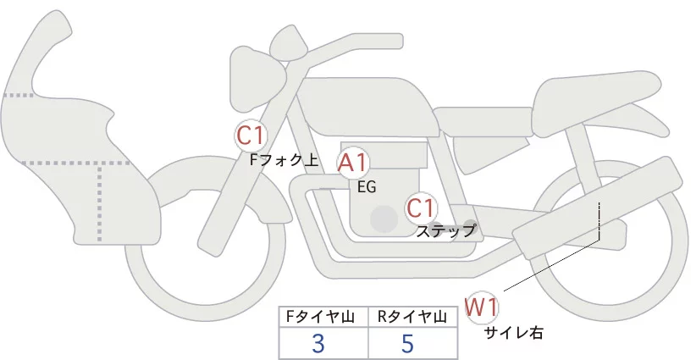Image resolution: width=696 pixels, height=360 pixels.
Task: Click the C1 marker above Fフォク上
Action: [251, 134]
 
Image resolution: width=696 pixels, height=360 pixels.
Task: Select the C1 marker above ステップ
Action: [421, 207]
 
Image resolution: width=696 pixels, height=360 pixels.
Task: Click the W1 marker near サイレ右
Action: [481, 307]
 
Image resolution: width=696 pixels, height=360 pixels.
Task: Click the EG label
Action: [367, 186]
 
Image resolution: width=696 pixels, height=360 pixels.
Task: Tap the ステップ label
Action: [446, 230]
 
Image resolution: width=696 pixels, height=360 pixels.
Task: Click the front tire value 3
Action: [318, 344]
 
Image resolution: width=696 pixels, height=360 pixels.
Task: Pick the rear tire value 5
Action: [408, 344]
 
